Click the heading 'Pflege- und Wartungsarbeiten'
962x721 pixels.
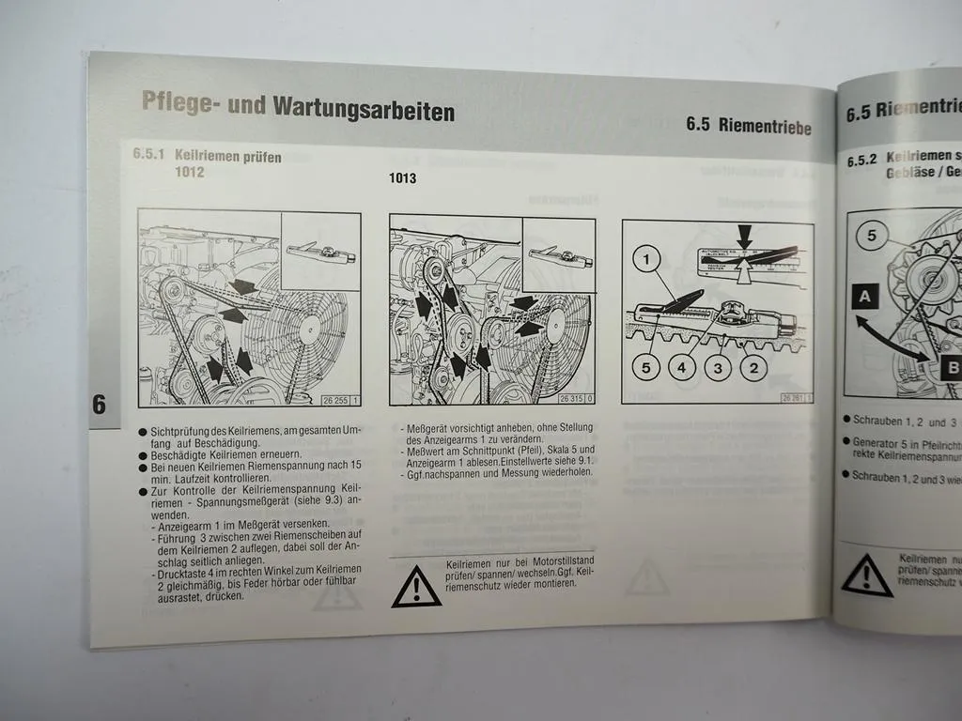[x=298, y=105]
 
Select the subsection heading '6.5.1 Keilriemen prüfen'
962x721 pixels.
[x=207, y=157]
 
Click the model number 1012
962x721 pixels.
[x=189, y=173]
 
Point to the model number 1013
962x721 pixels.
[x=403, y=177]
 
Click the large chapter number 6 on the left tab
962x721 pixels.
[x=100, y=406]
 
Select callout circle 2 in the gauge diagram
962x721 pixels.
[x=753, y=368]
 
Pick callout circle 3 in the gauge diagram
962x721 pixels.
[x=719, y=368]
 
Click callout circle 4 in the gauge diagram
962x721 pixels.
[x=684, y=368]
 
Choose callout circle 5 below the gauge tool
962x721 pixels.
[x=645, y=368]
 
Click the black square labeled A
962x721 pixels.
[x=865, y=298]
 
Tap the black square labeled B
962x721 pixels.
[x=951, y=367]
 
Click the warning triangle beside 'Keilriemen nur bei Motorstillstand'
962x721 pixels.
[x=416, y=586]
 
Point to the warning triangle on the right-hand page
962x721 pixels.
[x=866, y=575]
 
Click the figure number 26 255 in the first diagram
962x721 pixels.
[x=335, y=400]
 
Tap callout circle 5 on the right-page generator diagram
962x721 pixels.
[x=871, y=236]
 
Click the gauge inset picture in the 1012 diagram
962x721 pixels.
[x=320, y=251]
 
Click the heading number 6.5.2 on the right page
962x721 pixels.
[x=861, y=161]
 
